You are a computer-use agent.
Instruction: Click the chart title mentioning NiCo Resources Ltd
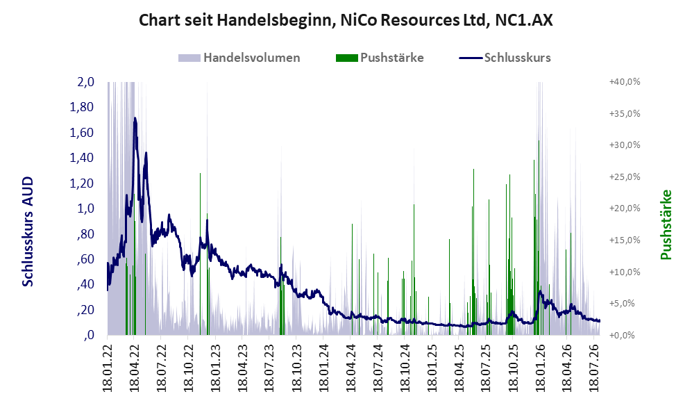tap(346, 20)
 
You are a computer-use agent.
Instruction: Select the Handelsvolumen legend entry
tap(239, 58)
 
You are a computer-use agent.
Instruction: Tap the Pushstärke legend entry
tap(380, 58)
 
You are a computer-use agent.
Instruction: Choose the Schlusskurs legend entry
tap(505, 58)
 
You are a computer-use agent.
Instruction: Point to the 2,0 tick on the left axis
tap(85, 82)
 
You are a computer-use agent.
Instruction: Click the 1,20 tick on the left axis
tap(82, 183)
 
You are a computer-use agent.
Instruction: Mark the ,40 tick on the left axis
tap(85, 284)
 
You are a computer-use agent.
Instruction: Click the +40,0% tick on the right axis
tap(625, 82)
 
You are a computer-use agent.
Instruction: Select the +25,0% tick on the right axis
tap(625, 177)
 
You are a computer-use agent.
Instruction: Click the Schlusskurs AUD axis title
tap(27, 231)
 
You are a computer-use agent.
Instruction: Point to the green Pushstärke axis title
tap(666, 224)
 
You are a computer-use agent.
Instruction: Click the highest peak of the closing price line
tap(135, 118)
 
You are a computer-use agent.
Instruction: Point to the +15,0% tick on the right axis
tap(625, 240)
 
